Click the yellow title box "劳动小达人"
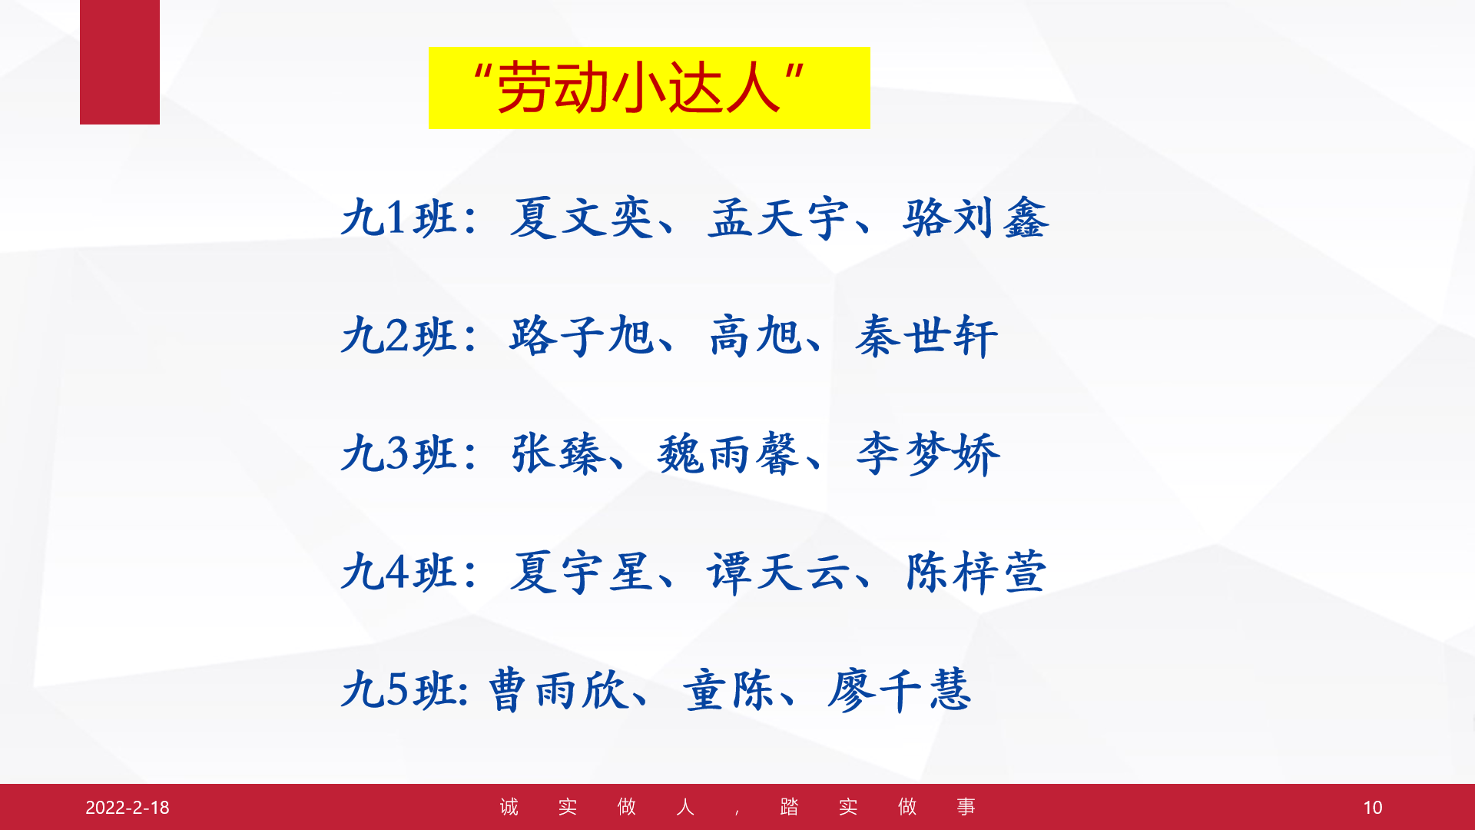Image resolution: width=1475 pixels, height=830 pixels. coord(649,88)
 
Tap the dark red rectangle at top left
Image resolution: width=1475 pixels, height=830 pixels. coord(120,61)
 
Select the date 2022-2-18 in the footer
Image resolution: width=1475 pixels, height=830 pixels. coord(128,807)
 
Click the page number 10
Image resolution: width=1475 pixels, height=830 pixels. coord(1372,807)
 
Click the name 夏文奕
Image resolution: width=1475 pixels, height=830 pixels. coord(582,217)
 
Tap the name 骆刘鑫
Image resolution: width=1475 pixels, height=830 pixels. coord(976,217)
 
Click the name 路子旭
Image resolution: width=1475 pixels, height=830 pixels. coord(582,336)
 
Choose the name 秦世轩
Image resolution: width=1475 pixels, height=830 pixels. coord(926,336)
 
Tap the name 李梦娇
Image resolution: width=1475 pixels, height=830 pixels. coord(928,453)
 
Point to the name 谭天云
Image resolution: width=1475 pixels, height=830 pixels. coord(778,573)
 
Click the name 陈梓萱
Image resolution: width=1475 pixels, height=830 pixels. coord(976,573)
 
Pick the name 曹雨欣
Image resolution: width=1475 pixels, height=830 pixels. coord(558,689)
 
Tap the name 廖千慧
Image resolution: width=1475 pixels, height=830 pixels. coord(900,689)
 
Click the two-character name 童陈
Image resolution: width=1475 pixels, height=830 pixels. coord(728,689)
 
